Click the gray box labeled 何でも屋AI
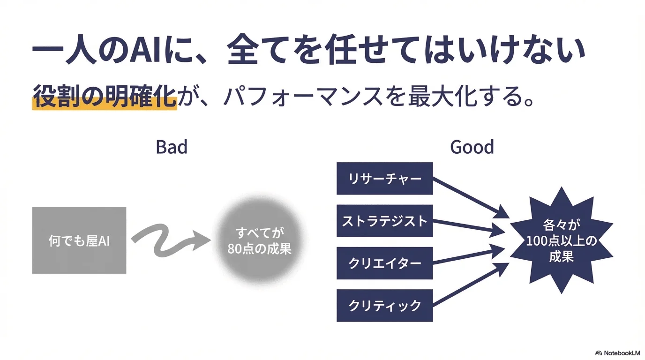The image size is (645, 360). point(79,240)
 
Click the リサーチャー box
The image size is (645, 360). point(384,179)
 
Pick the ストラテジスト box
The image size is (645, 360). point(384,221)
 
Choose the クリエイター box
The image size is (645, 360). point(384,263)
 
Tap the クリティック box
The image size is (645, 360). point(384,306)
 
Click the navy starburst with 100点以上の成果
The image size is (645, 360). point(561,240)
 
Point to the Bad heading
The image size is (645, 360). point(172,147)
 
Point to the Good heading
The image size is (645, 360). point(472,147)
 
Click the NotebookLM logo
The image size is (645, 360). point(617,352)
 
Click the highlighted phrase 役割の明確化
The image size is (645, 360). point(105,97)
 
